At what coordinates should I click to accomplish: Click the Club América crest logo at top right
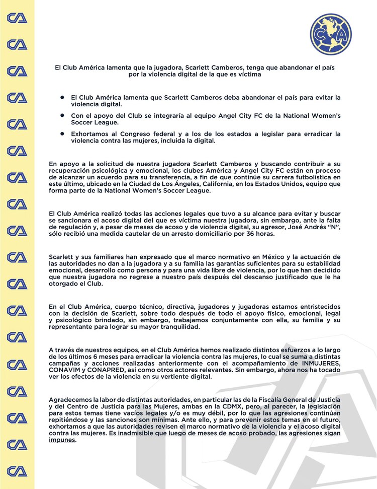coord(330,34)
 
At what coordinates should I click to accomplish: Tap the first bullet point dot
coord(62,96)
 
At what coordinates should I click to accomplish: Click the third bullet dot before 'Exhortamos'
coord(62,133)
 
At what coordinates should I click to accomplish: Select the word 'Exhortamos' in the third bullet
coord(90,134)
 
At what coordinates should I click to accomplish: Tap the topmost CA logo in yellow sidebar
coord(17,18)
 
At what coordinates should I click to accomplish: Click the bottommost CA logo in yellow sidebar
coord(17,471)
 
